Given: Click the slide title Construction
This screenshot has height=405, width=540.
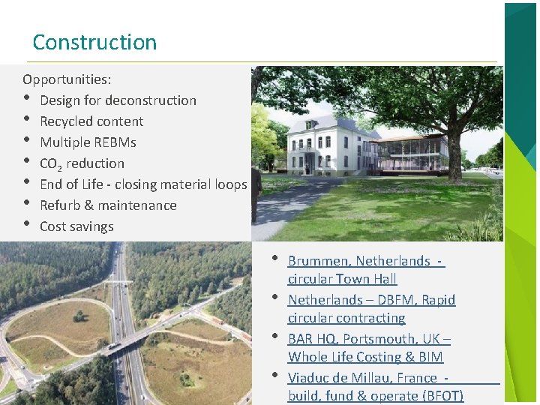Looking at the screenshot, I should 94,42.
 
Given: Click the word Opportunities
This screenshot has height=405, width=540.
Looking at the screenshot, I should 66,79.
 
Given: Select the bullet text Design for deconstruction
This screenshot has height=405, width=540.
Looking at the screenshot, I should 118,100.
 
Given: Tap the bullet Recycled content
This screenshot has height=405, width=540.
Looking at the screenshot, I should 91,121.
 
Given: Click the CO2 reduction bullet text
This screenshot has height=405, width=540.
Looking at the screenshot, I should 82,163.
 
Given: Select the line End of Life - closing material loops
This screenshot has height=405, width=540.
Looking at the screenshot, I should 142,184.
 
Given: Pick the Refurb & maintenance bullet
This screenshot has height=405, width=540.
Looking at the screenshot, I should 108,205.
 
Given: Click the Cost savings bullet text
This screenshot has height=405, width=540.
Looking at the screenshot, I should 76,226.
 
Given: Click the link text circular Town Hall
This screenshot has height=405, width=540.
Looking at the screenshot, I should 342,279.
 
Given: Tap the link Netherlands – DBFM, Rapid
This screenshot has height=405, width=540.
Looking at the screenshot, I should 371,300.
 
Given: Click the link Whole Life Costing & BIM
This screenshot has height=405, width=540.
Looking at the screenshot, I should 365,357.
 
